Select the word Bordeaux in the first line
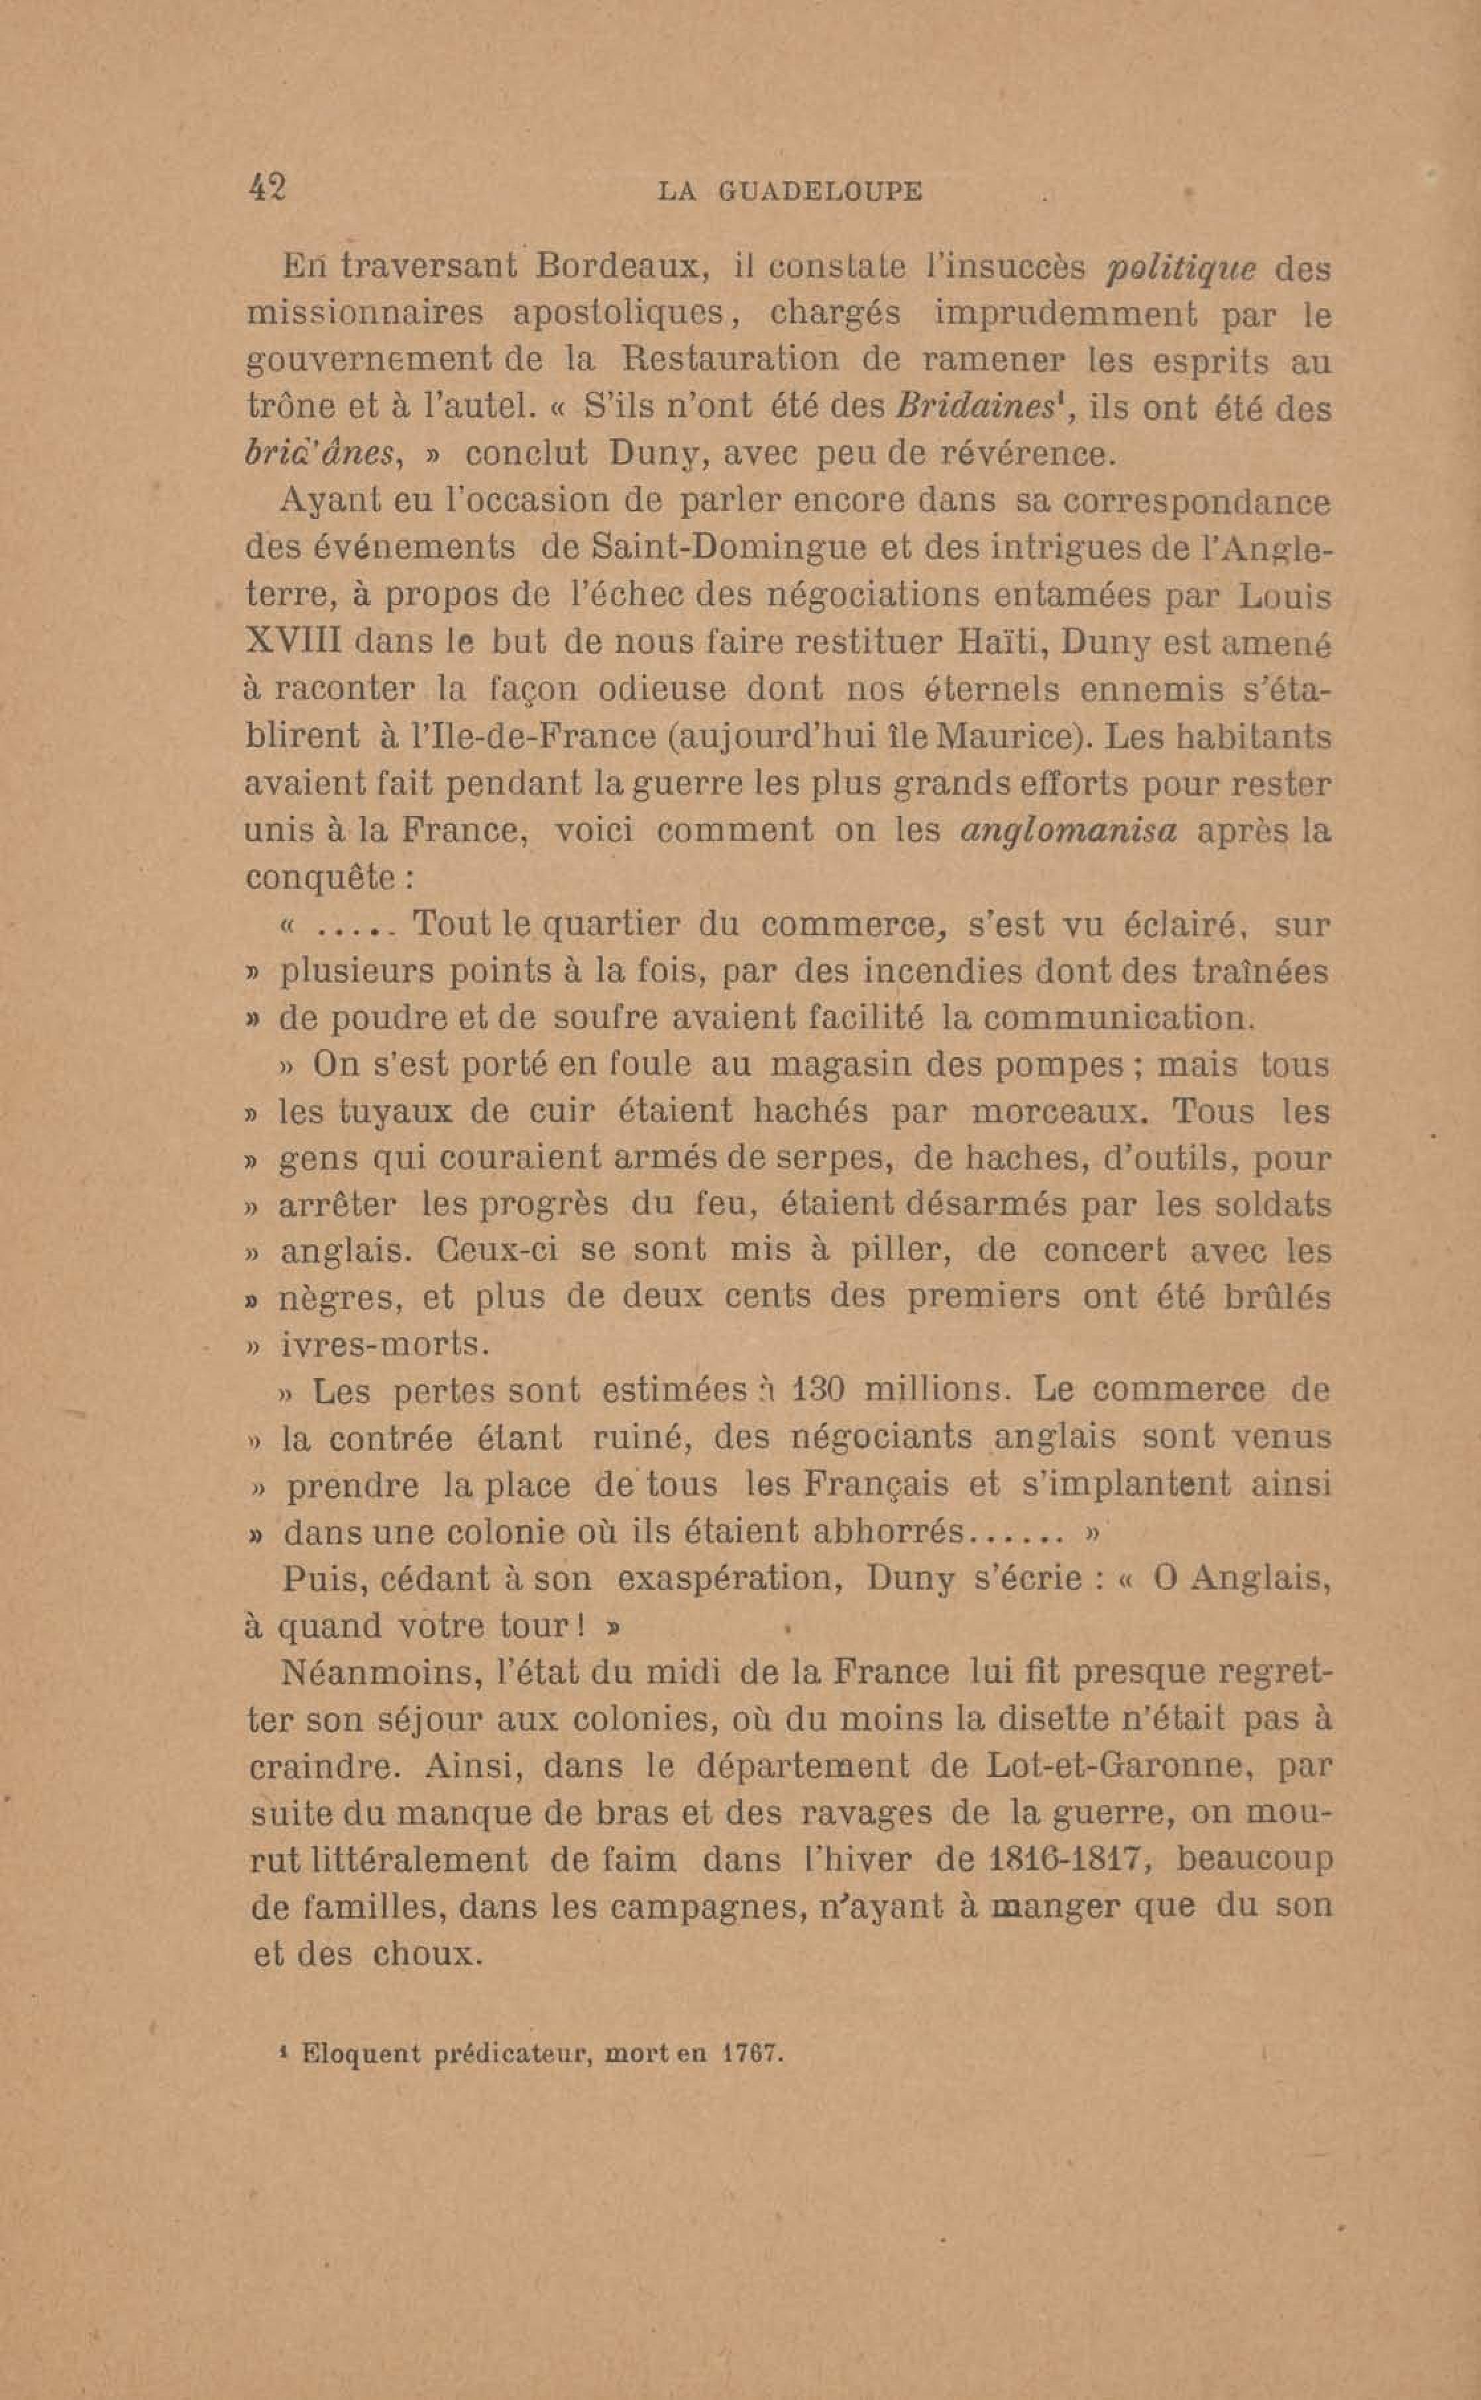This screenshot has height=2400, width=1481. (616, 266)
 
